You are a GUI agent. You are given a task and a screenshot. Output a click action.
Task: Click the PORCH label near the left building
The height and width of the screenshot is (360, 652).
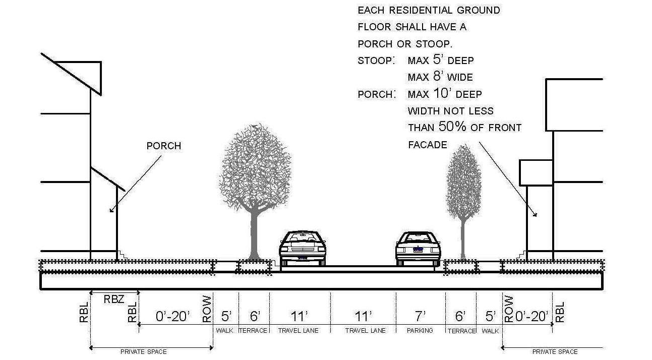point(163,146)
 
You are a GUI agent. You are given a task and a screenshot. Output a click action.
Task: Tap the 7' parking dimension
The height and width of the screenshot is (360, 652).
point(421,316)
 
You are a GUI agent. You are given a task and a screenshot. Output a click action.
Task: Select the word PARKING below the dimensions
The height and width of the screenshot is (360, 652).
point(420,331)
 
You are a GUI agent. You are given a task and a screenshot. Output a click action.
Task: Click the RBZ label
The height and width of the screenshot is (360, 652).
point(114,298)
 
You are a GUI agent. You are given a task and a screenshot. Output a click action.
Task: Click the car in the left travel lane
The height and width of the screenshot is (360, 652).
point(302,248)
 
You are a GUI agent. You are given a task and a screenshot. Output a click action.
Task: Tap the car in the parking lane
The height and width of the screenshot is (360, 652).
point(418,249)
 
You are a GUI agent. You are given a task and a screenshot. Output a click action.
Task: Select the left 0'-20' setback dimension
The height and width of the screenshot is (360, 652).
point(173,316)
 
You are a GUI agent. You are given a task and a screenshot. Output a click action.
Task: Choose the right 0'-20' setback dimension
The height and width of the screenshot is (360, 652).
point(532,316)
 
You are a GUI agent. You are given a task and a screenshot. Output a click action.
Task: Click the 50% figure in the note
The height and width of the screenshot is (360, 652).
point(452,127)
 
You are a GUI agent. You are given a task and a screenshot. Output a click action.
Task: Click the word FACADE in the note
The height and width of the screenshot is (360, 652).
point(428,145)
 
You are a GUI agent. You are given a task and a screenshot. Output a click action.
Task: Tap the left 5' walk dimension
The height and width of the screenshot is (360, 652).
point(226,316)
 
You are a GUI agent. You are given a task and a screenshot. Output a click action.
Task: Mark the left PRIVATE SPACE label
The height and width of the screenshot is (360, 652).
point(143,351)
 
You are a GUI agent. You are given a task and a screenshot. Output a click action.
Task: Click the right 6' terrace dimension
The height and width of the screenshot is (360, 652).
point(460,316)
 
